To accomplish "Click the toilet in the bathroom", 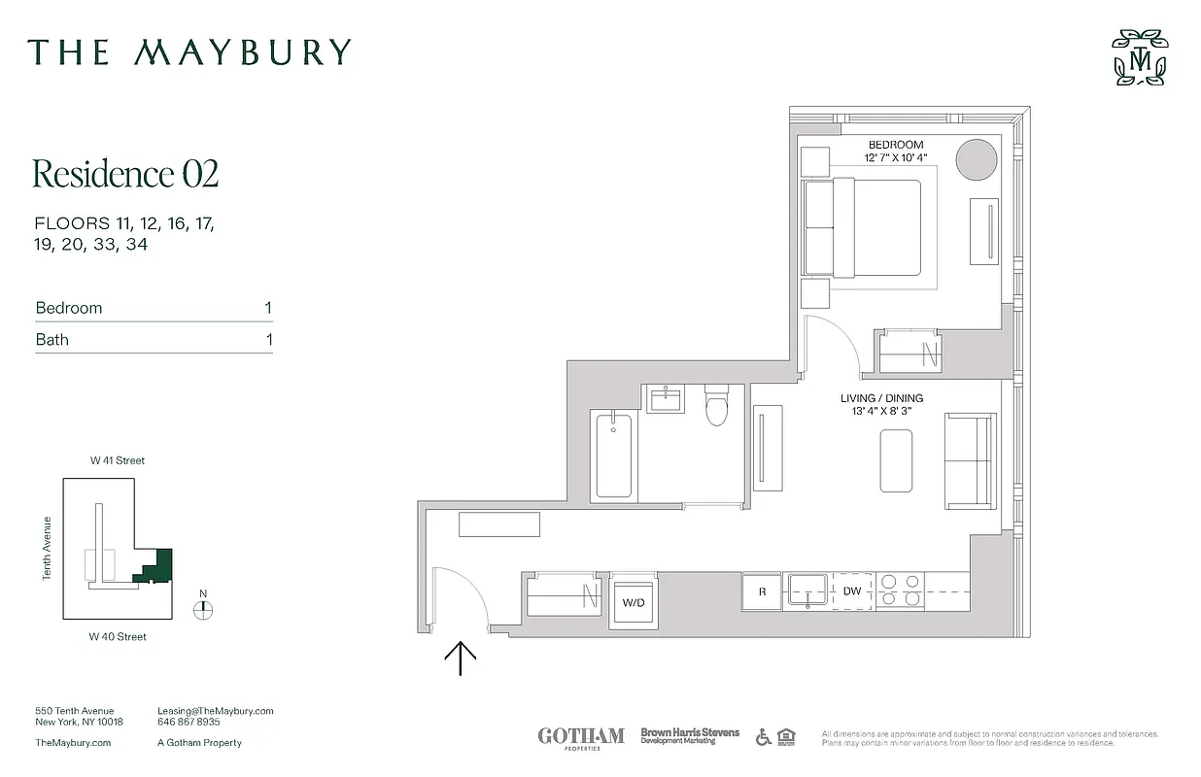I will [x=717, y=406].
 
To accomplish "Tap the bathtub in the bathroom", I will [x=613, y=455].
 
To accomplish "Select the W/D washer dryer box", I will [x=634, y=602].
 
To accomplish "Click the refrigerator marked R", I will [x=762, y=591].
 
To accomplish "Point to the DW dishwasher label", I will [x=852, y=591].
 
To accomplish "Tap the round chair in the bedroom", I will [x=977, y=159].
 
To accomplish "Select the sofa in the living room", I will [x=970, y=460].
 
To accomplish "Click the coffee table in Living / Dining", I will [x=896, y=461].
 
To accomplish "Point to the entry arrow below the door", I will [x=460, y=659].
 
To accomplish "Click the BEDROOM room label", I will [x=896, y=145].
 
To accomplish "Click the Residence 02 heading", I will [x=125, y=174].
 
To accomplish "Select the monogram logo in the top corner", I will [x=1140, y=58].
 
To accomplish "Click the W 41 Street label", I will [x=118, y=460].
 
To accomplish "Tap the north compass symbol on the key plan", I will [x=202, y=610].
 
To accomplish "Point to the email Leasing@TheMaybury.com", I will [x=216, y=711].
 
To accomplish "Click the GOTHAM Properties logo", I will [x=581, y=737].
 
